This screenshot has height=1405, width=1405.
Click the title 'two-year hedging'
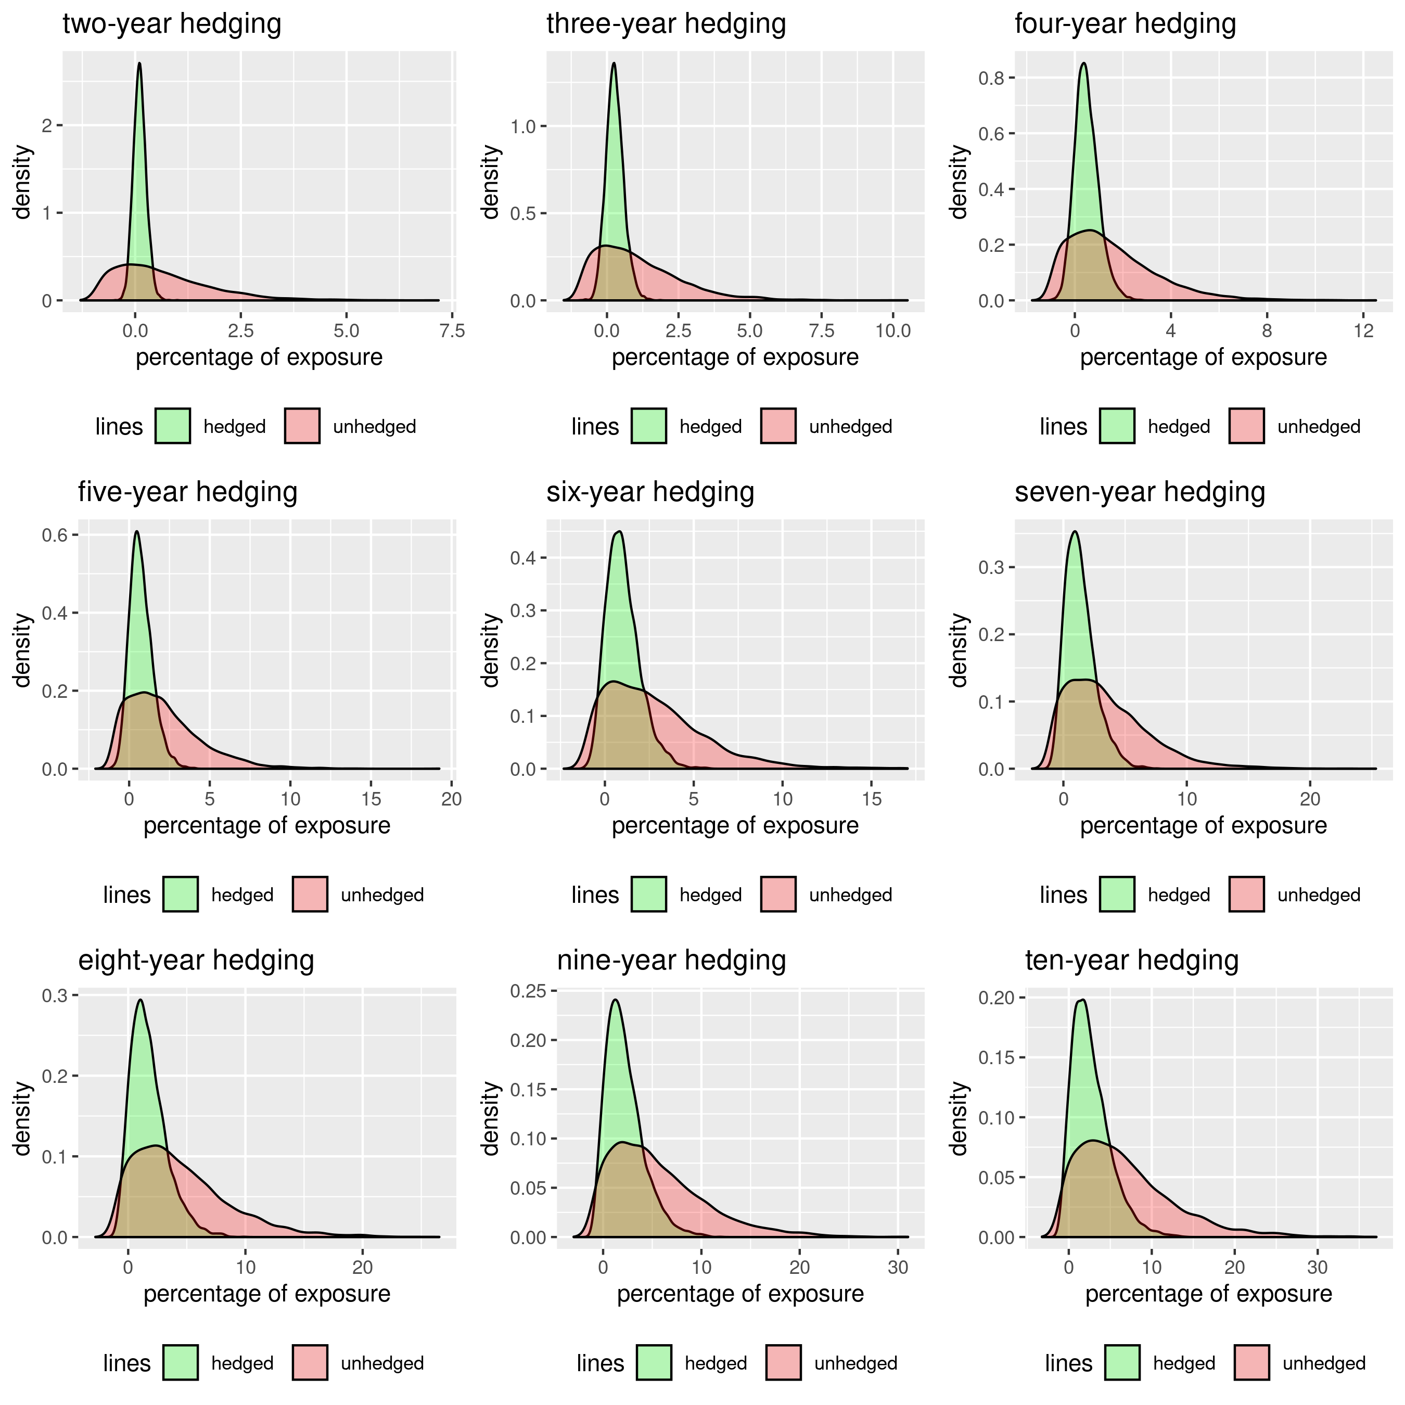click(x=172, y=24)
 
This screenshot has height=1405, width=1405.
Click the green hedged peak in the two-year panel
click(x=139, y=63)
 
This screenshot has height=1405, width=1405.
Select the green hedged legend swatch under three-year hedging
click(x=649, y=426)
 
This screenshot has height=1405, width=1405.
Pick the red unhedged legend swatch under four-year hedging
click(x=1247, y=426)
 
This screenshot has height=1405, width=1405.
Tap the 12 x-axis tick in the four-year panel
click(x=1363, y=331)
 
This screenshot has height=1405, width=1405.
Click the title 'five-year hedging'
click(x=188, y=492)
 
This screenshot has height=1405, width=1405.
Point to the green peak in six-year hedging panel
click(x=619, y=532)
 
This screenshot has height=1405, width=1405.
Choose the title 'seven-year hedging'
click(x=1140, y=492)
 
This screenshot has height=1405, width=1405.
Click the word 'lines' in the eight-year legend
click(x=126, y=1363)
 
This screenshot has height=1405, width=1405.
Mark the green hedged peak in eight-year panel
click(x=140, y=1000)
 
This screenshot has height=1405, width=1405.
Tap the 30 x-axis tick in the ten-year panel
click(x=1318, y=1268)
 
